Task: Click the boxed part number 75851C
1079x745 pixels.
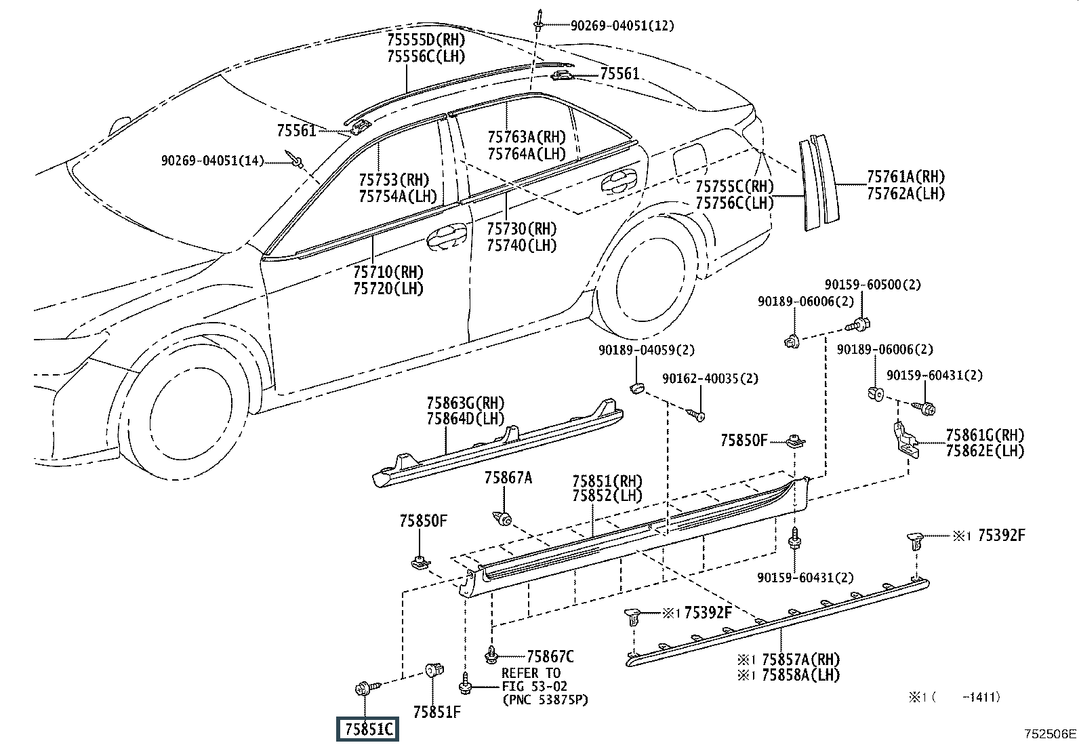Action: pos(367,729)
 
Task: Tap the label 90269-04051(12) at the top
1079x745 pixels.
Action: pos(622,26)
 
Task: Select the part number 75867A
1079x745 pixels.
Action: pos(508,477)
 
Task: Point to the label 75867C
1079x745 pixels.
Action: pos(550,656)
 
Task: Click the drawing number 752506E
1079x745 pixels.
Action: pos(1050,733)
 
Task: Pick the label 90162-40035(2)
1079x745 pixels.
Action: pos(710,378)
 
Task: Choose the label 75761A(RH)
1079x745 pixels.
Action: pos(906,177)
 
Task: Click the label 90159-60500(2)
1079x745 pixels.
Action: pos(872,284)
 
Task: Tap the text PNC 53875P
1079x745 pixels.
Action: pos(546,700)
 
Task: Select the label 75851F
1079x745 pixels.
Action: pos(437,712)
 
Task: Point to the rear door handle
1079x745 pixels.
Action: pos(619,181)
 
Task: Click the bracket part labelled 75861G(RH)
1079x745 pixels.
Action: pos(905,439)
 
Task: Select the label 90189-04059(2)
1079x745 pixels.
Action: pos(647,350)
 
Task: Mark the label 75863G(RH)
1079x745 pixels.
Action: pos(466,403)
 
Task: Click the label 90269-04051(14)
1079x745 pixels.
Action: pos(212,161)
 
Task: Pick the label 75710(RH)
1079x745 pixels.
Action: pos(388,272)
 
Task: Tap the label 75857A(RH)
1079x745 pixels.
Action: pos(800,659)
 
